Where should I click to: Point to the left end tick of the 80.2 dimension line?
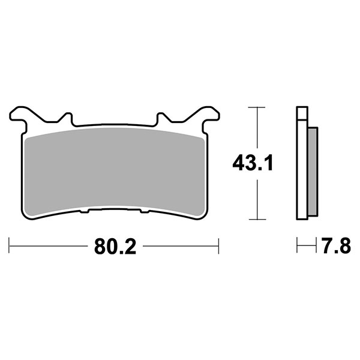click(x=10, y=245)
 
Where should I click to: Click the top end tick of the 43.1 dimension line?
click(x=256, y=108)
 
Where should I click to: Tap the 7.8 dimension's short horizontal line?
click(x=307, y=245)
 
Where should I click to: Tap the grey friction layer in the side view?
click(x=313, y=171)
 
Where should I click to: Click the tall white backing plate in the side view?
click(x=302, y=174)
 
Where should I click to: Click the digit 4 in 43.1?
click(x=238, y=163)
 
